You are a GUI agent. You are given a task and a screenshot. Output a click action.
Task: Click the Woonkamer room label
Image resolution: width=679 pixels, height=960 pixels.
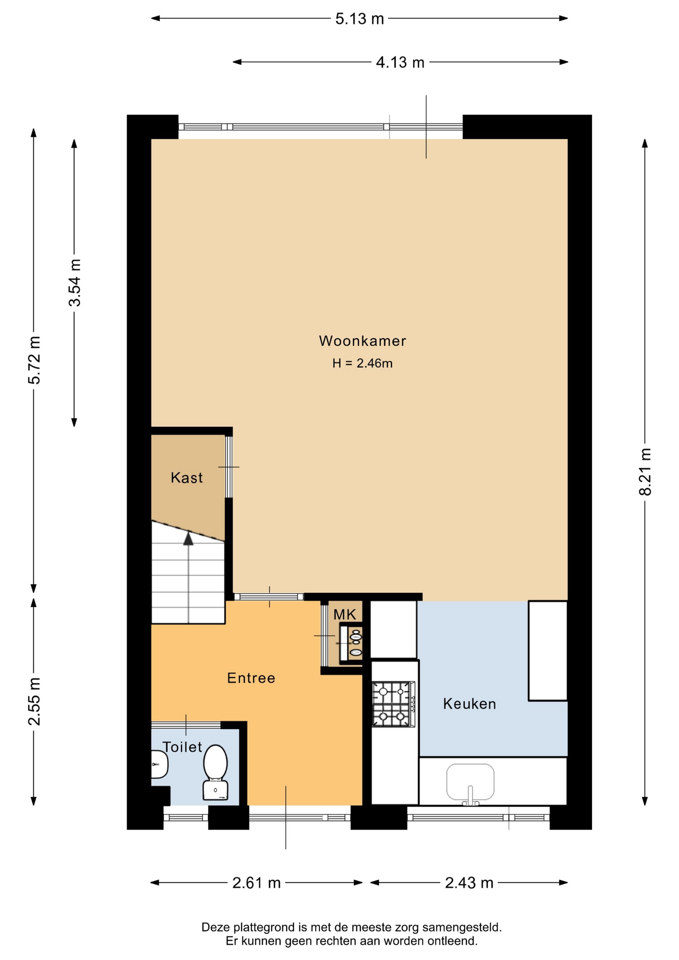(x=362, y=341)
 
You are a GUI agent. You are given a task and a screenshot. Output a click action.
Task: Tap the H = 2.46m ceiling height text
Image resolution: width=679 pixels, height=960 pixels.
(x=362, y=363)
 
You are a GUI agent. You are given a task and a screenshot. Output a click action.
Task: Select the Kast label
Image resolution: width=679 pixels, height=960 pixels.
(x=186, y=478)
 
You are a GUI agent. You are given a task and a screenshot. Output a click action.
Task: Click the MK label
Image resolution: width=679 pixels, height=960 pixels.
(x=344, y=614)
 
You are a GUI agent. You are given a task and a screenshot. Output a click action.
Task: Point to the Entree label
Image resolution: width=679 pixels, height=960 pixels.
(x=251, y=678)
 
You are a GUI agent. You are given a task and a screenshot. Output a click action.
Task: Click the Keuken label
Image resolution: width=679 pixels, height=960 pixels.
(x=469, y=704)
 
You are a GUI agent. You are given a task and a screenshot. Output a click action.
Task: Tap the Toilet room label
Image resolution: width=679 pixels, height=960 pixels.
(x=182, y=747)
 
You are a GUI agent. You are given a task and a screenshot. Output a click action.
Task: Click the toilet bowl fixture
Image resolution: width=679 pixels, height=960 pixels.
(x=215, y=772)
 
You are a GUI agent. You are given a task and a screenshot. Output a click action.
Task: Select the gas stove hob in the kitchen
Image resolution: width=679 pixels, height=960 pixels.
(x=393, y=704)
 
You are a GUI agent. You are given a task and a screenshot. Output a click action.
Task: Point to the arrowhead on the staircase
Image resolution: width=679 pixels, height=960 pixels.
(x=188, y=538)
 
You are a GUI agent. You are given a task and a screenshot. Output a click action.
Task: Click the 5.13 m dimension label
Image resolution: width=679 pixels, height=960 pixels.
(x=359, y=19)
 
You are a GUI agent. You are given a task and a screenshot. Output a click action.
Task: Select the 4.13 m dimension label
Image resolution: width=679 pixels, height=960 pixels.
(x=400, y=62)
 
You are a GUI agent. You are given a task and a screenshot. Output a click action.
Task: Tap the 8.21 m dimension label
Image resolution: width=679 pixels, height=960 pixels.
(x=645, y=472)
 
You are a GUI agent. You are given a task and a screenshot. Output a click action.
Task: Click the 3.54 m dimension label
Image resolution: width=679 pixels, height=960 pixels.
(x=74, y=283)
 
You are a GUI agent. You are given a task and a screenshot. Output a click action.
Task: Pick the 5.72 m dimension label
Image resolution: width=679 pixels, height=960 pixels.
(x=34, y=360)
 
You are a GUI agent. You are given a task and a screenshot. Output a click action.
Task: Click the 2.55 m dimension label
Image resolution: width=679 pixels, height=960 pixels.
(x=34, y=701)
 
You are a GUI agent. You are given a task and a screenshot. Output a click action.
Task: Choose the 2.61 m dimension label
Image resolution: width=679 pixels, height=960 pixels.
(x=256, y=883)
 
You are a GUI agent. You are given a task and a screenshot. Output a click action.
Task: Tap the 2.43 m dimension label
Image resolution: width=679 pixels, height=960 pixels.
(x=469, y=883)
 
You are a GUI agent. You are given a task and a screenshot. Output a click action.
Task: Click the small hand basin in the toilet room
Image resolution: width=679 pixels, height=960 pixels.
(x=159, y=764)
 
